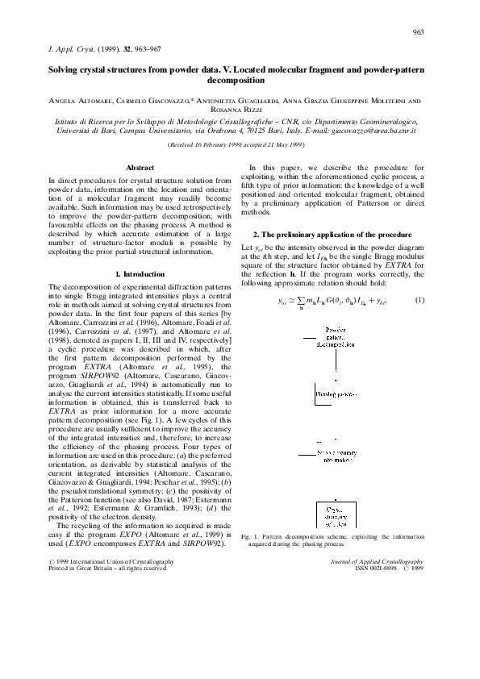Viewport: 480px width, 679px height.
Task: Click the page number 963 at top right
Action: click(418, 32)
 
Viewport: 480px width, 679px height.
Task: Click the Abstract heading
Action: click(140, 167)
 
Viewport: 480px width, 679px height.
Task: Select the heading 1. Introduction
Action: click(140, 275)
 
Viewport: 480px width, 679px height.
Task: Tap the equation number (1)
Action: click(419, 301)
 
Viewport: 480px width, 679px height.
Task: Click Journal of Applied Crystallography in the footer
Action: click(380, 560)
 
